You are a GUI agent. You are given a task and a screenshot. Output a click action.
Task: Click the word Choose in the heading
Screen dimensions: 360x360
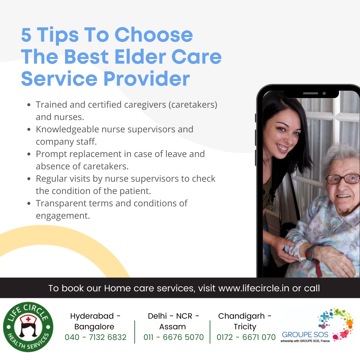(154, 35)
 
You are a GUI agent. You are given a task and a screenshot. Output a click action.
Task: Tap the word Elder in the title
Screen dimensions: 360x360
(140, 57)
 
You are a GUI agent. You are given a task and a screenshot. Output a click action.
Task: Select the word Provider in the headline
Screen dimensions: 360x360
(147, 79)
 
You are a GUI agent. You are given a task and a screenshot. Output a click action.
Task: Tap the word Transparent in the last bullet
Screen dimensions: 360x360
(61, 204)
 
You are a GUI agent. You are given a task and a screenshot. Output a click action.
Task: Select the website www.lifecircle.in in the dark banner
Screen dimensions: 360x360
(254, 288)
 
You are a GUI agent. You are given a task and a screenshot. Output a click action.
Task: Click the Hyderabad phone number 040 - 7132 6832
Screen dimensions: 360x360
(96, 337)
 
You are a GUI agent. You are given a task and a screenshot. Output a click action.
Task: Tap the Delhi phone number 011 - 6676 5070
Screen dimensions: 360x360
(174, 337)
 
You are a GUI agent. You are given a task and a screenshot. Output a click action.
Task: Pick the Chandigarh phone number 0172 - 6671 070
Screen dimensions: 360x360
(246, 337)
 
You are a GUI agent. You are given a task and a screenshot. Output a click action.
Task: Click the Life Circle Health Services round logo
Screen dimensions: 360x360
(28, 327)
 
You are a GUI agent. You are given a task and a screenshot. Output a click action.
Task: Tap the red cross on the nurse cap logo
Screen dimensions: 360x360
(28, 319)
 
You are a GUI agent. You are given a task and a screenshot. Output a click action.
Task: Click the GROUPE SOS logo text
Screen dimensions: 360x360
(305, 335)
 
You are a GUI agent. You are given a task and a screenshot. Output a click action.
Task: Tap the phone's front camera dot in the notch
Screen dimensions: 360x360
(324, 93)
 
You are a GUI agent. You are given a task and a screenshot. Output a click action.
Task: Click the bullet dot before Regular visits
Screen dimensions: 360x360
(29, 179)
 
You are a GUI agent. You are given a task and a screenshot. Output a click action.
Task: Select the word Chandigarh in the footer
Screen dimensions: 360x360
(241, 316)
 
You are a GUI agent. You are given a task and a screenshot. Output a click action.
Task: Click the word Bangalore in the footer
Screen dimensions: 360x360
(94, 327)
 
